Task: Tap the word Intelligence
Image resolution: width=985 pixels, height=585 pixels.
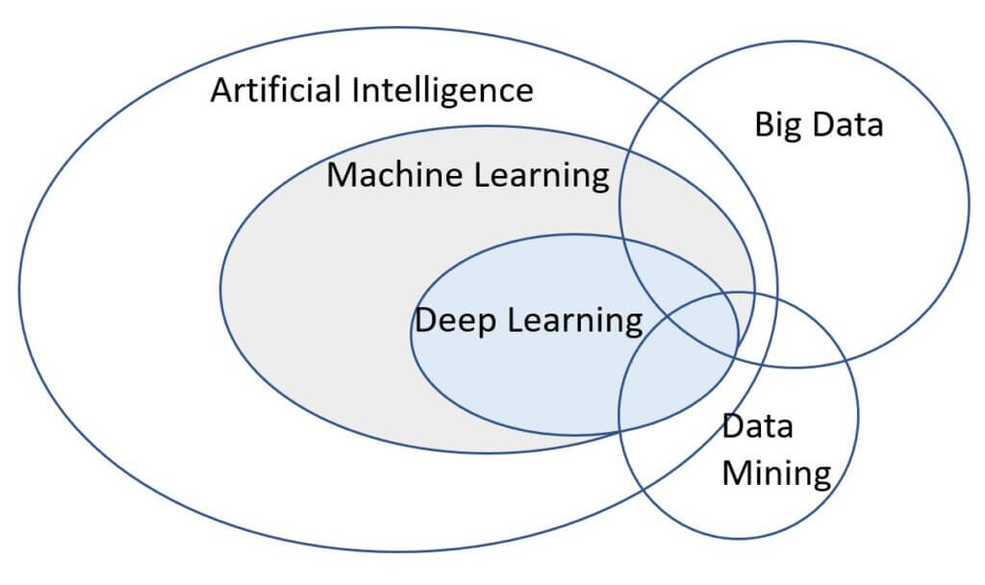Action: [442, 90]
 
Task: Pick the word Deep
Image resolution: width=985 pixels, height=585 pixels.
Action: [454, 319]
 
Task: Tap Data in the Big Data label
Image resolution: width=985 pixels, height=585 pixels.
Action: [846, 125]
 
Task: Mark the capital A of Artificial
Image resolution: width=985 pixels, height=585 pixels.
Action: [222, 90]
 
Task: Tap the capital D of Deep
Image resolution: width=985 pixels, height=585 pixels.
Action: [424, 319]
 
